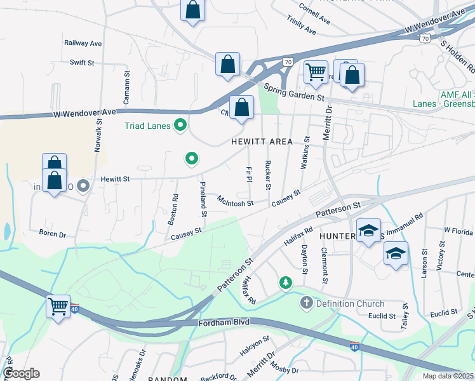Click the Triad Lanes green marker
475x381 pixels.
(x=180, y=126)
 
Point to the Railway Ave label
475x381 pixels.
(x=83, y=43)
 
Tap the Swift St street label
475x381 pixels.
(x=82, y=62)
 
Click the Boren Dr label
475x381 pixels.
(x=52, y=234)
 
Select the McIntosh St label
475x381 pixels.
(x=235, y=203)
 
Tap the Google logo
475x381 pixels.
(x=21, y=373)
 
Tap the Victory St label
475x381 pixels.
(x=441, y=256)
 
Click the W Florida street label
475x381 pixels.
(x=458, y=231)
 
